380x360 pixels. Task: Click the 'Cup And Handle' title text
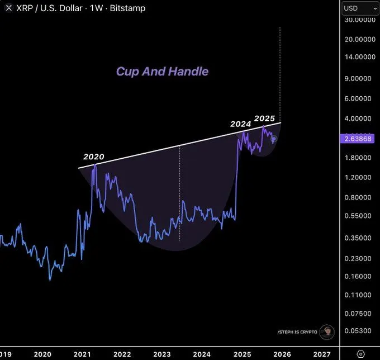(x=162, y=72)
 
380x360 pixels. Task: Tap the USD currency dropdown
(x=360, y=8)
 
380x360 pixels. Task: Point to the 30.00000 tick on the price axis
(x=360, y=20)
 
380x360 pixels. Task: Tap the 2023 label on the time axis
(x=162, y=354)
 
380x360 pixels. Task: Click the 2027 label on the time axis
(x=322, y=354)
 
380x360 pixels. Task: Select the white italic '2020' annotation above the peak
(x=94, y=157)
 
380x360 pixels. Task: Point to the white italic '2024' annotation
(x=241, y=124)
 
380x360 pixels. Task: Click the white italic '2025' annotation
(x=264, y=119)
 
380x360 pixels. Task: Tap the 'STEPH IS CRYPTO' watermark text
(x=297, y=332)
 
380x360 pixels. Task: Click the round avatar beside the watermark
(x=327, y=331)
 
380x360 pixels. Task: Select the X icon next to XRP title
(x=8, y=8)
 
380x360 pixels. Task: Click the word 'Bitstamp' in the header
(x=129, y=8)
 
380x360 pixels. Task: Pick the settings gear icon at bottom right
(x=360, y=354)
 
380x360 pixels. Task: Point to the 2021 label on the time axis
(x=82, y=354)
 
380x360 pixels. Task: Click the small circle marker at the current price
(x=274, y=139)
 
